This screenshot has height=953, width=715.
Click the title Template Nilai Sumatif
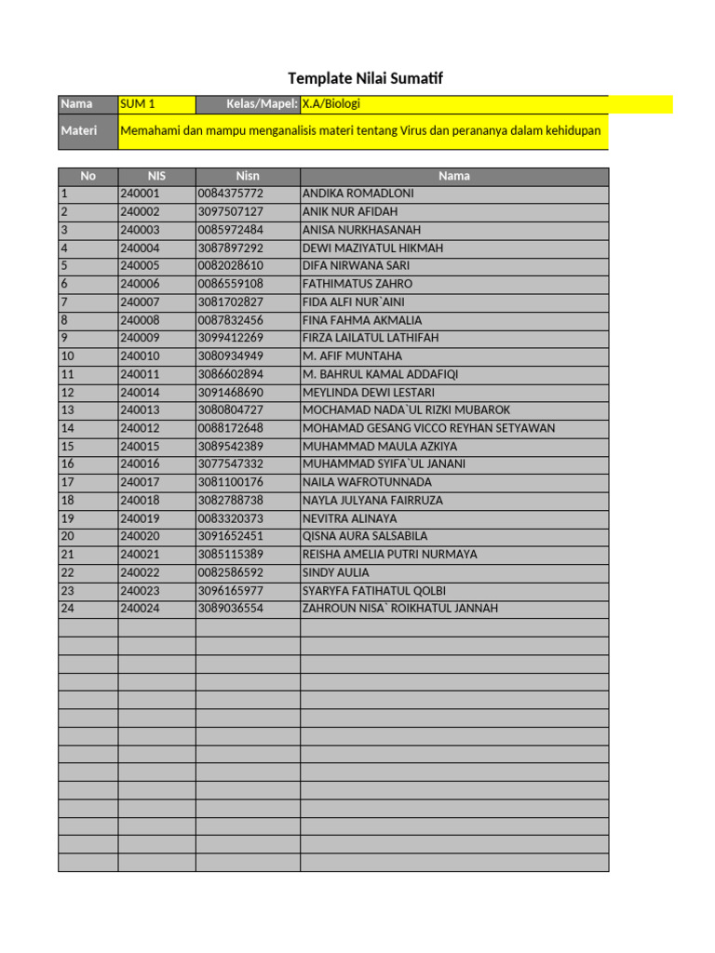[365, 79]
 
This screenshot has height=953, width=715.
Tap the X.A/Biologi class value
[331, 104]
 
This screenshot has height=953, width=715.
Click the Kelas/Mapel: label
[262, 104]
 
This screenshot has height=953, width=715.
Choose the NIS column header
[155, 176]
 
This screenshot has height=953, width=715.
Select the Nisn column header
[247, 176]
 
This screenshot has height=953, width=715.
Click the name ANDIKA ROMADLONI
[358, 194]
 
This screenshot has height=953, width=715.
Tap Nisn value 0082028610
[231, 266]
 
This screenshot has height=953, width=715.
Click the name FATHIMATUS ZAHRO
[357, 284]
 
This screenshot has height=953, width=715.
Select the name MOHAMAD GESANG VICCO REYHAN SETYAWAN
[428, 428]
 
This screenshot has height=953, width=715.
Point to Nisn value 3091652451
[231, 537]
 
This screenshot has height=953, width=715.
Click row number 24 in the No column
[67, 609]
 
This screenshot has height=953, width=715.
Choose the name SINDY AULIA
[336, 573]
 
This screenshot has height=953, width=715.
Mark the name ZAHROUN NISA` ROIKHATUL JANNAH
[400, 609]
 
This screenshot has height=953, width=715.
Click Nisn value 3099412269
[231, 338]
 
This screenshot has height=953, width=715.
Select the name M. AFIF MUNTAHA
[353, 356]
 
